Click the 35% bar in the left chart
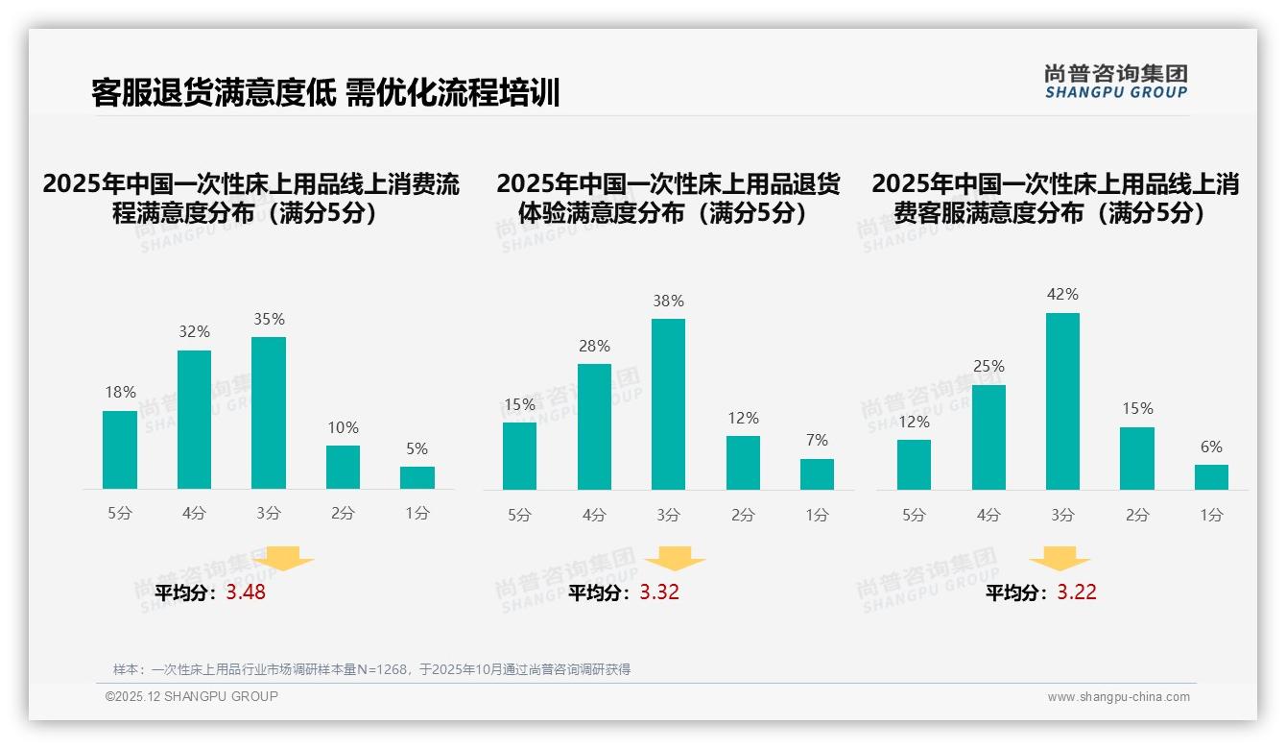tap(269, 413)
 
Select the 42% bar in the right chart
tap(1062, 401)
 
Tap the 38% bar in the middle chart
tap(668, 404)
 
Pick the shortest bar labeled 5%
tap(417, 477)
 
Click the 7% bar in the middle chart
tap(817, 474)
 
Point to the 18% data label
tap(120, 393)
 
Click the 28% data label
tap(594, 347)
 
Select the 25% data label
tap(988, 367)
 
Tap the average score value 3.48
tap(246, 592)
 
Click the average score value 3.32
tap(659, 592)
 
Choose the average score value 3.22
tap(1077, 592)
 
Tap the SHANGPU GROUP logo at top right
tap(1116, 82)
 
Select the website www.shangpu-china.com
tap(1118, 697)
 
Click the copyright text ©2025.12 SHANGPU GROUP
tap(192, 696)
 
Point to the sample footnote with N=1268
tap(371, 669)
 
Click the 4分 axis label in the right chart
tap(988, 515)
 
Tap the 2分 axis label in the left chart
tap(343, 513)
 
